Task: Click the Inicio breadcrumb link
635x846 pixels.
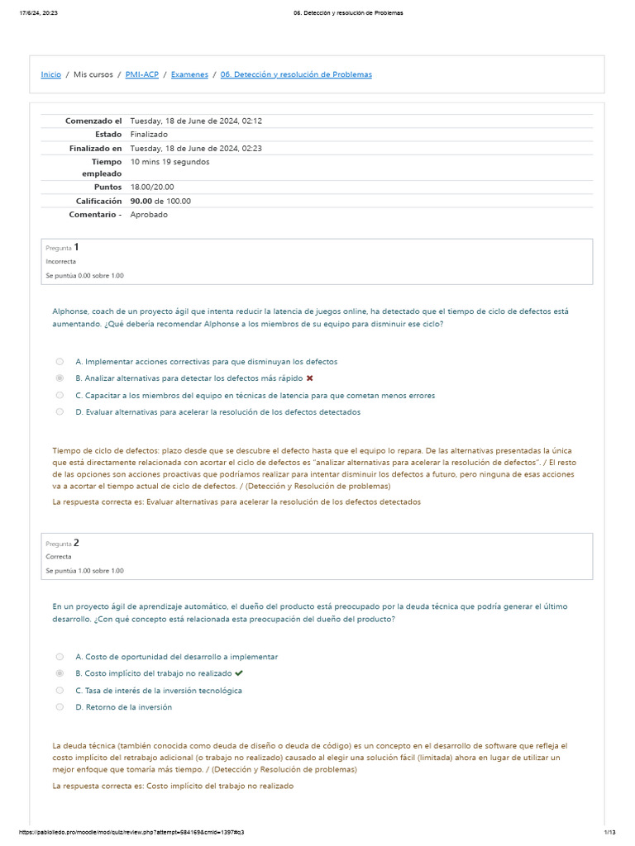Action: pos(50,74)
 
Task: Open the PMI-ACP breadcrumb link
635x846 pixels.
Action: pos(141,74)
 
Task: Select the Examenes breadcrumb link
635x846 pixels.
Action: pos(189,74)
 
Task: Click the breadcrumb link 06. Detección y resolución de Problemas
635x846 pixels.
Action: pos(296,74)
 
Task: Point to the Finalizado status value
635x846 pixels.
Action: pos(149,134)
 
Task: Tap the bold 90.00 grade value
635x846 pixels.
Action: pos(141,201)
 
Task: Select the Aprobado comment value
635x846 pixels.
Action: pos(149,215)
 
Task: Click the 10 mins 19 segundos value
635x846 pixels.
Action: pos(169,162)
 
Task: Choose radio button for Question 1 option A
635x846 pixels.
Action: pos(60,361)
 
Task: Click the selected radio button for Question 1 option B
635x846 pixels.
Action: pos(60,378)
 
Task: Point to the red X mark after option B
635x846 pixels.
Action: pos(309,378)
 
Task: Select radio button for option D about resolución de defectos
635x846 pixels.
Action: pos(60,411)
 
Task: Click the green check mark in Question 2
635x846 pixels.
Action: pos(239,673)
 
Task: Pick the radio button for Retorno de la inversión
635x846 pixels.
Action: pos(60,707)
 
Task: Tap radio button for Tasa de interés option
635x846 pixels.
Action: pos(60,690)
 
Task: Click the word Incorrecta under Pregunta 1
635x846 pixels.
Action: pos(61,261)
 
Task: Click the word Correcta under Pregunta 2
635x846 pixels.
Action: pos(59,557)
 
